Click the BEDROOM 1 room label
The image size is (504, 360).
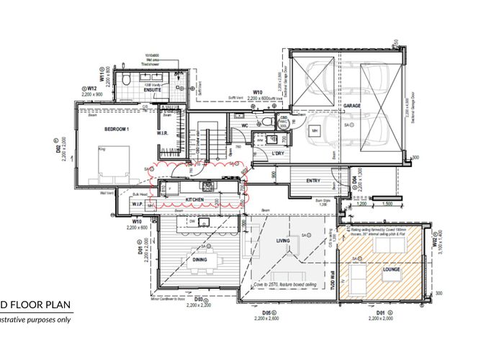tap(117, 129)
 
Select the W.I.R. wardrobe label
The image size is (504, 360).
tap(163, 134)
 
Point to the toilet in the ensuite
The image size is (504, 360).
tap(126, 79)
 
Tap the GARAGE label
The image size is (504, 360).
tap(352, 106)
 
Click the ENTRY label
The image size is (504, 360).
tap(313, 180)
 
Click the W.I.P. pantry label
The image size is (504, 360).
tap(138, 203)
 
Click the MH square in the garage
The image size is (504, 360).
tap(315, 131)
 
